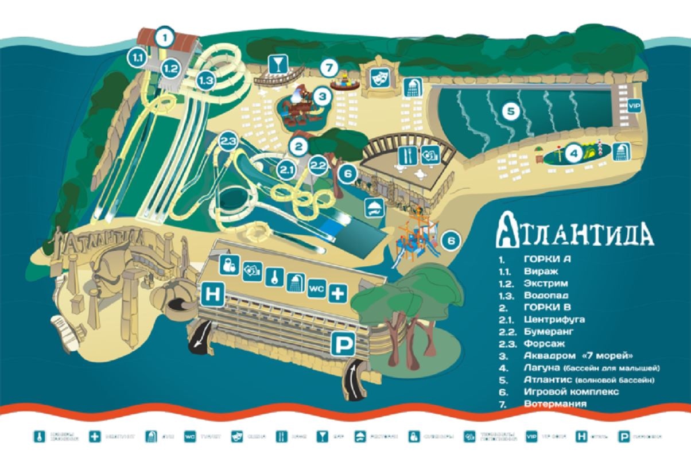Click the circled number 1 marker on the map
[x=165, y=38]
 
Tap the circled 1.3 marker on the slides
[x=206, y=81]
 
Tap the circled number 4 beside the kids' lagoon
[x=572, y=153]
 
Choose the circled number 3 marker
[x=323, y=96]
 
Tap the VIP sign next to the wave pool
[x=634, y=106]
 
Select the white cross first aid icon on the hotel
[x=337, y=294]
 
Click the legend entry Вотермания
[x=555, y=404]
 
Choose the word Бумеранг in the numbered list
[x=549, y=331]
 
